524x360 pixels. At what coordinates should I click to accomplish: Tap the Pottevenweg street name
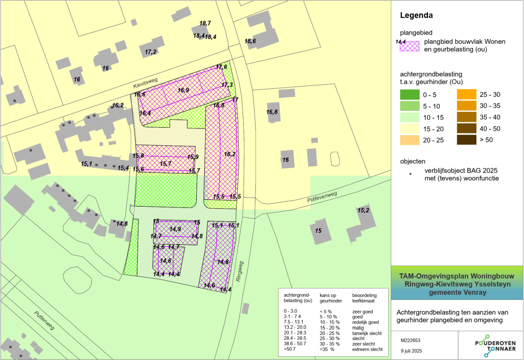click(x=322, y=197)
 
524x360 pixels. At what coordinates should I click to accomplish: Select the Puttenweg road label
click(x=44, y=321)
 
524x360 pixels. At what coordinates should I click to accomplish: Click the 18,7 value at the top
click(x=205, y=23)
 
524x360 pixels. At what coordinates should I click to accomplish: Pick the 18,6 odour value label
click(x=250, y=41)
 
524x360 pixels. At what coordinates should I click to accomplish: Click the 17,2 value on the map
click(x=150, y=52)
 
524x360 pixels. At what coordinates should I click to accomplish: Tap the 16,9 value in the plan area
click(x=183, y=90)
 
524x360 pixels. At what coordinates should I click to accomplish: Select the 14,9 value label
click(x=175, y=229)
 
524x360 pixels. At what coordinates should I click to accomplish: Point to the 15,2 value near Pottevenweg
click(x=363, y=210)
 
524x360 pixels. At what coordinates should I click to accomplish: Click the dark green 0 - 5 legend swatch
click(x=410, y=95)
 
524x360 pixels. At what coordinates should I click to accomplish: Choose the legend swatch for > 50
click(x=466, y=140)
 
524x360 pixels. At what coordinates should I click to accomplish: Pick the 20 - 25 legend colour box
click(x=410, y=140)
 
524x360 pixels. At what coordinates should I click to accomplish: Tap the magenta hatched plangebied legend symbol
click(x=410, y=46)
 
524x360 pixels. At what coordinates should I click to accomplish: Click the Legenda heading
click(x=416, y=16)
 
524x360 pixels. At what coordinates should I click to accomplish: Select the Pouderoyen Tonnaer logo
click(x=495, y=345)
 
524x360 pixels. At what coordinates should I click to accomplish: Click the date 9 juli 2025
click(x=411, y=351)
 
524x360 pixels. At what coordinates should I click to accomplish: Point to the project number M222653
click(x=411, y=340)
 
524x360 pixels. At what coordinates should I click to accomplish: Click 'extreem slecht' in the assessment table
click(x=367, y=349)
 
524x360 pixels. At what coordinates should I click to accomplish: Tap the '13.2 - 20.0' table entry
click(x=295, y=328)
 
